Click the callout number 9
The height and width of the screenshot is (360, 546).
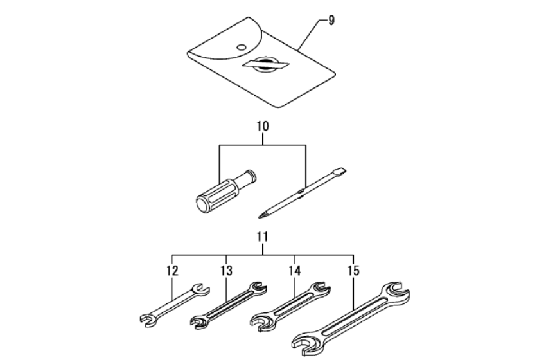click(x=331, y=21)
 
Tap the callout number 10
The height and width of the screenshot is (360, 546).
click(x=263, y=126)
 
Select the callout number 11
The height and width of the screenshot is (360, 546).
click(x=262, y=237)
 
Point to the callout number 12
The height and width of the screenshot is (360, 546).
click(x=172, y=271)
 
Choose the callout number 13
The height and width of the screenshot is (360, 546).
click(x=226, y=271)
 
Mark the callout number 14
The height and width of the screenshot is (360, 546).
click(x=295, y=271)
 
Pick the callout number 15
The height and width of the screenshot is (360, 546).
click(x=353, y=271)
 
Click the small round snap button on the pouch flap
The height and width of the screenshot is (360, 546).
click(x=241, y=47)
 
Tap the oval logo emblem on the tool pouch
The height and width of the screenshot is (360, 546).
click(x=267, y=64)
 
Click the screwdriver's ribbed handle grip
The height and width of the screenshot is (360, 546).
click(x=217, y=195)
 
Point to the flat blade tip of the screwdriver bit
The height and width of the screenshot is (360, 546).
click(x=340, y=171)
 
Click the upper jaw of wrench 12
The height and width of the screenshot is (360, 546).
click(x=200, y=289)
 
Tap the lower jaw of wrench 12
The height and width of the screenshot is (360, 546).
click(x=148, y=319)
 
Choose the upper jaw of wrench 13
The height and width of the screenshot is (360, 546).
click(x=258, y=288)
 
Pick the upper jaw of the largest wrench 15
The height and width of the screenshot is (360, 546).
click(x=397, y=291)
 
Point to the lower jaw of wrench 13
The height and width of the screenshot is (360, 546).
click(x=200, y=322)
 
